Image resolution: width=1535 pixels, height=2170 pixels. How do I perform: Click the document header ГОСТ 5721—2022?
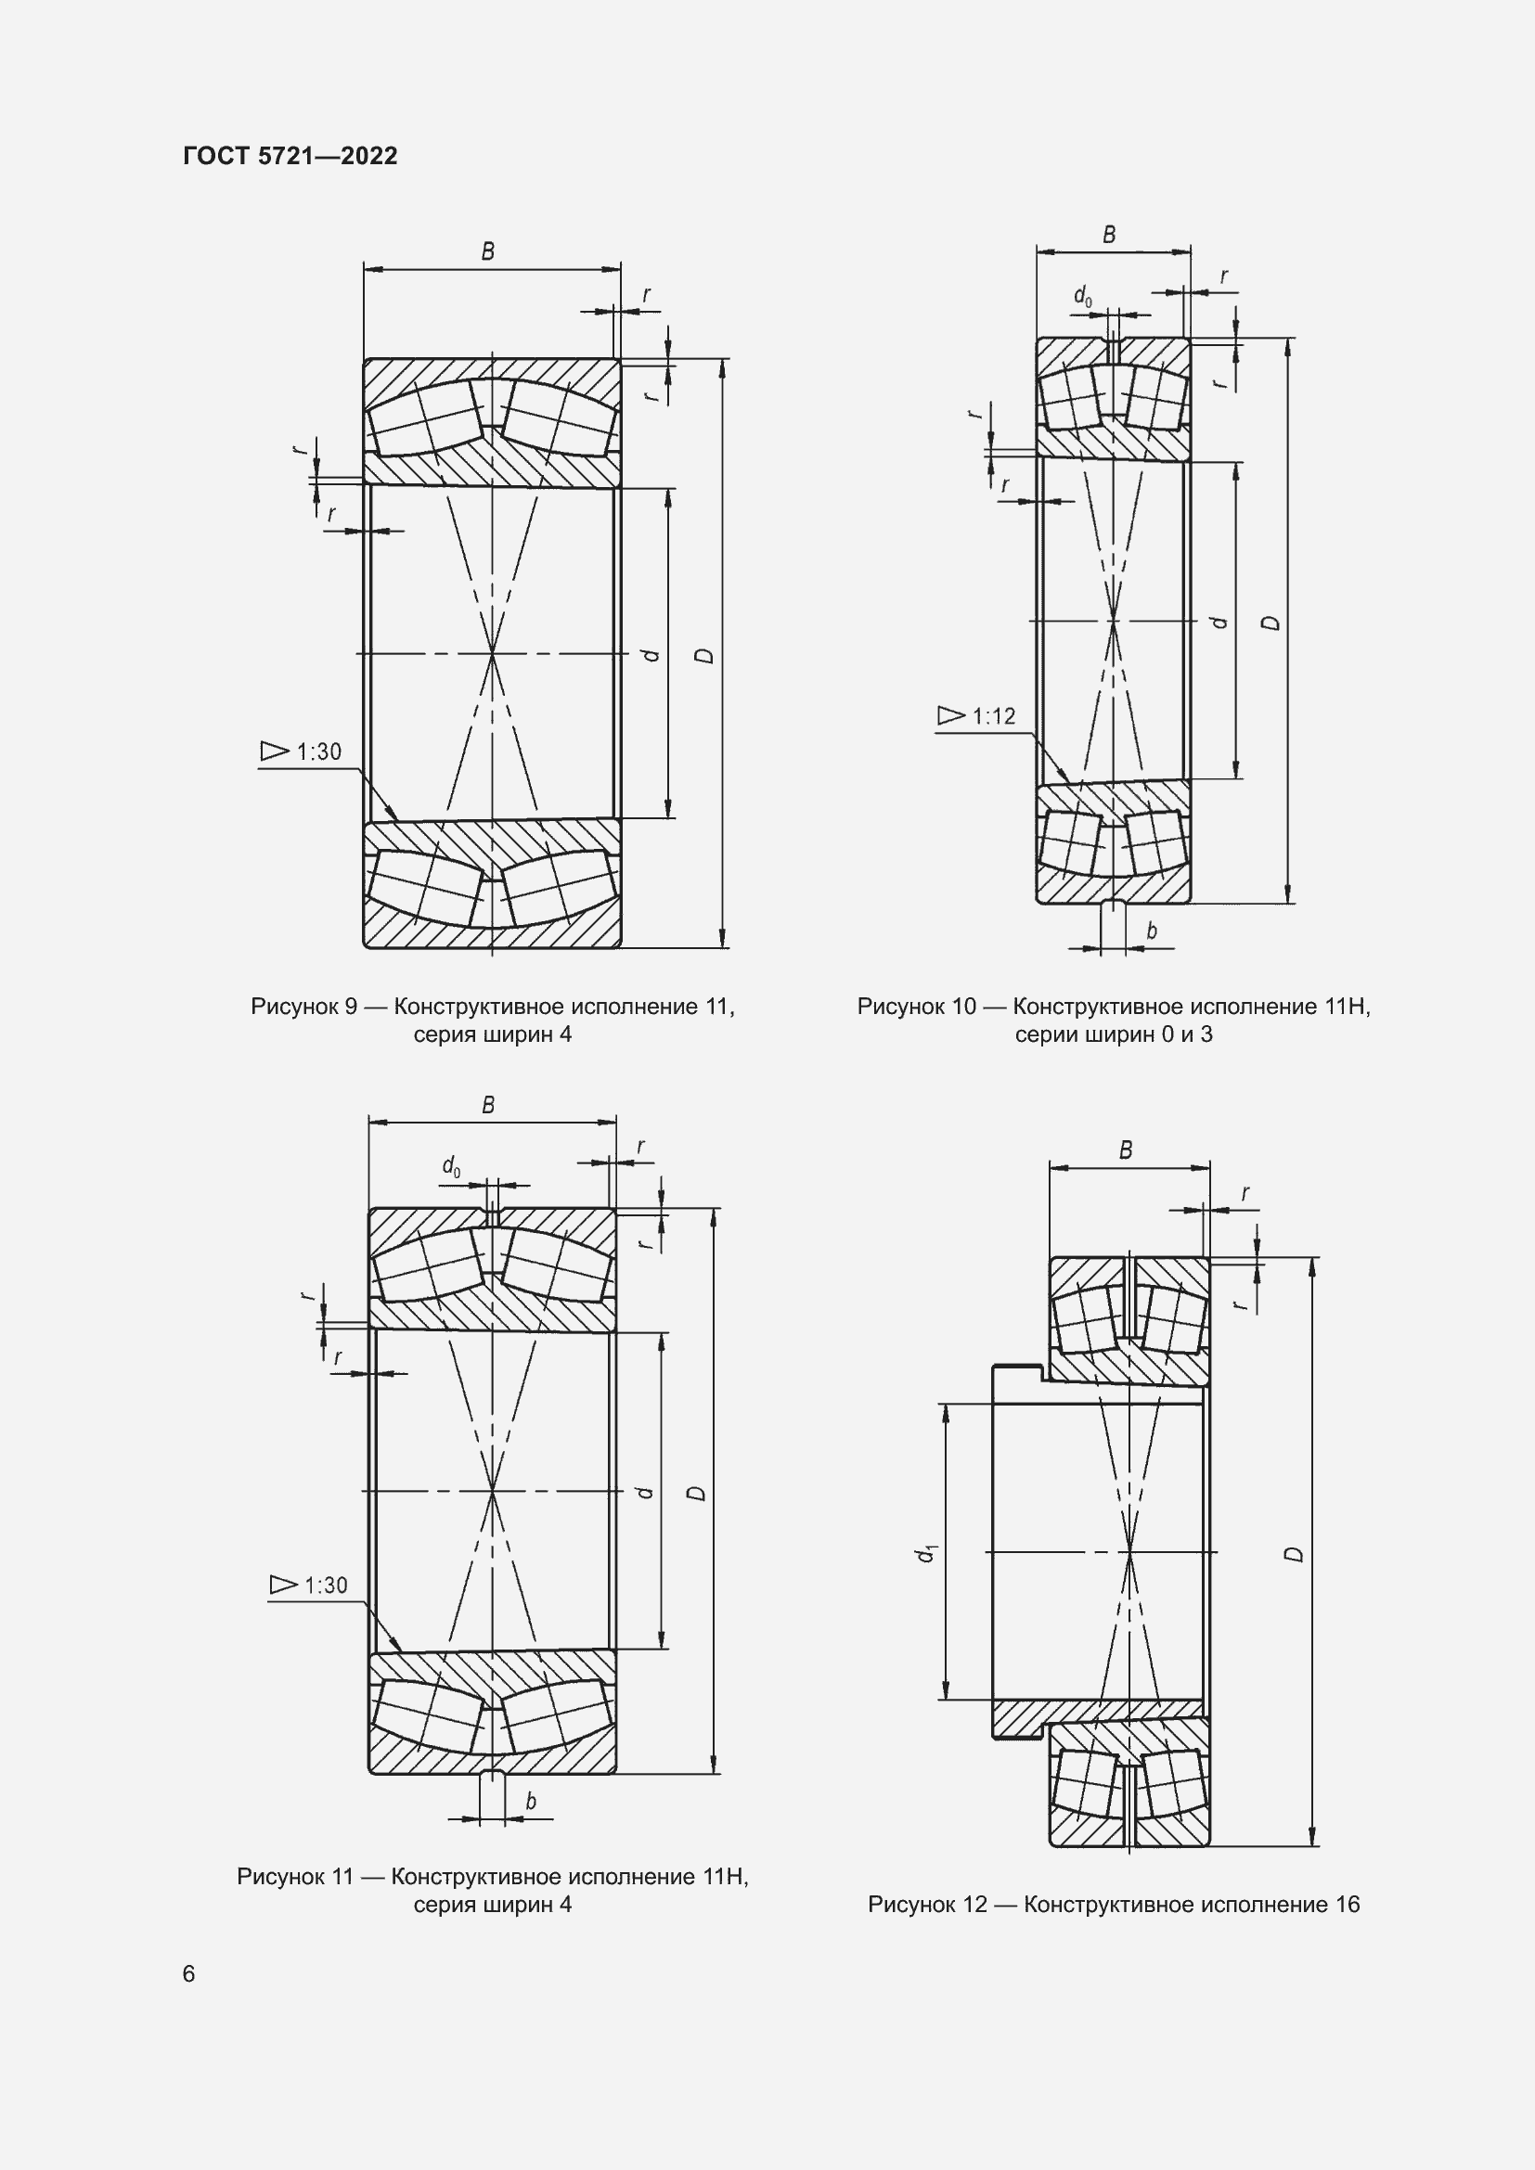pyautogui.click(x=290, y=156)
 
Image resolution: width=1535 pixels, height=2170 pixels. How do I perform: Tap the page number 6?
pyautogui.click(x=189, y=1973)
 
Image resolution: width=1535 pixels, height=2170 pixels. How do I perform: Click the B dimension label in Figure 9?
pyautogui.click(x=488, y=251)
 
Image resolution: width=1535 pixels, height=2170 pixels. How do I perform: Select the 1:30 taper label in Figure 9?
pyautogui.click(x=317, y=751)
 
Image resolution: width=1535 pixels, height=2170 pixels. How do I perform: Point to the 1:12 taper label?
pyautogui.click(x=992, y=716)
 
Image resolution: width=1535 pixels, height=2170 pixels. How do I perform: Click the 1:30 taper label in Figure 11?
pyautogui.click(x=325, y=1585)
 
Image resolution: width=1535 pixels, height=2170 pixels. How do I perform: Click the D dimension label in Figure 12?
pyautogui.click(x=1296, y=1554)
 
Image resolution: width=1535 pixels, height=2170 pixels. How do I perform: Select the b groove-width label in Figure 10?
pyautogui.click(x=1151, y=931)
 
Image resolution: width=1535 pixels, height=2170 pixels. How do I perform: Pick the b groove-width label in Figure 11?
pyautogui.click(x=530, y=1802)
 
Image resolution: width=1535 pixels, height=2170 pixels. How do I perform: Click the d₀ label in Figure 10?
pyautogui.click(x=1083, y=297)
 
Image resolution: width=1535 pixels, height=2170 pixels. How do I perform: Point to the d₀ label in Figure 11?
pyautogui.click(x=452, y=1166)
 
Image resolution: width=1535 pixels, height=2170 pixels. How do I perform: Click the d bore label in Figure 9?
pyautogui.click(x=651, y=654)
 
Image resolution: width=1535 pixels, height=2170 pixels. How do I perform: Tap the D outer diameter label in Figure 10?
pyautogui.click(x=1272, y=623)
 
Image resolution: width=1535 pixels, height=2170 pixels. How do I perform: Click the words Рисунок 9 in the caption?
pyautogui.click(x=303, y=1007)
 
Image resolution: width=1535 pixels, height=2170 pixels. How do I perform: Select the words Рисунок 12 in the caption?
pyautogui.click(x=926, y=1905)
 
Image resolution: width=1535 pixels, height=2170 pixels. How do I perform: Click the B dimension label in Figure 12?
pyautogui.click(x=1126, y=1150)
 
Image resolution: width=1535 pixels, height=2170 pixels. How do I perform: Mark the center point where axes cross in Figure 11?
pyautogui.click(x=493, y=1492)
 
